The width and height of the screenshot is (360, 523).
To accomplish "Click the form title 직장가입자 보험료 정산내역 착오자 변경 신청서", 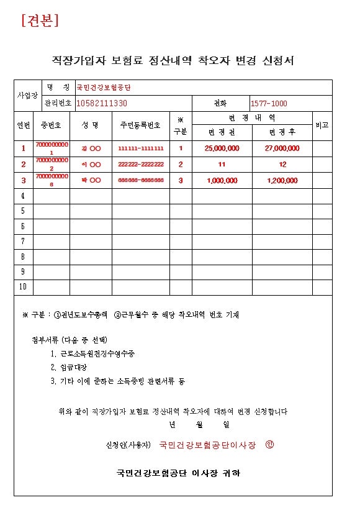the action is pos(173,60).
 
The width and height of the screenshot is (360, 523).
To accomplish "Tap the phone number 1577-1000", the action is pos(269,103).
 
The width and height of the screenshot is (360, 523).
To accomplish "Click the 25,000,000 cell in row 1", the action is pos(222,148).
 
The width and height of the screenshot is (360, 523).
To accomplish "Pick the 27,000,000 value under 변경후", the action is pos(282,148).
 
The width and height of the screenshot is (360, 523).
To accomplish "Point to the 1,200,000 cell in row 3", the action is pos(282,181).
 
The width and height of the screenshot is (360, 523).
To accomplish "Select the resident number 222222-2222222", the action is pos(140,165).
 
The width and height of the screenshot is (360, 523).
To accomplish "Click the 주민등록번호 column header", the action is pos(140,125).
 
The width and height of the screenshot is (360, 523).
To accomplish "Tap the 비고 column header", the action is pos(322,125).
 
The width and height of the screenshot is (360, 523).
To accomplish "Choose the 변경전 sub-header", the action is pos(222,132).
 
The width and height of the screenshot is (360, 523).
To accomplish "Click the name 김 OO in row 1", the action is pos(91,148).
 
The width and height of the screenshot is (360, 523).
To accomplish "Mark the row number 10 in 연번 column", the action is pos(23,287).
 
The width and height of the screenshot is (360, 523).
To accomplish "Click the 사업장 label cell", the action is pos(27,96).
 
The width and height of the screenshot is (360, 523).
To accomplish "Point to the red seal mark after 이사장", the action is pos(269,445).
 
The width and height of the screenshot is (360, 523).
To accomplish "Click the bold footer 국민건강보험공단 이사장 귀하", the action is pos(178,473).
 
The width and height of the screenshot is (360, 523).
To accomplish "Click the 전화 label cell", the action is pos(220,103).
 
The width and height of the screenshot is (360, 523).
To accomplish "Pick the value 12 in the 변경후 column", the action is pos(282,165).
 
